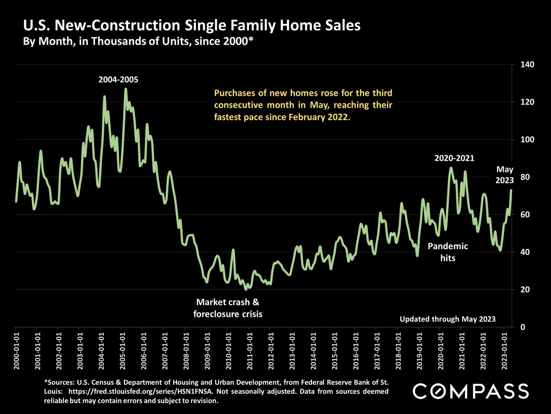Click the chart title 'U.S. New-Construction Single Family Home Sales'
[192, 25]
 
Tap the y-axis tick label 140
[527, 65]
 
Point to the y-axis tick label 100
[527, 140]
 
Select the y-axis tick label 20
[525, 290]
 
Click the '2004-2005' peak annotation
[118, 79]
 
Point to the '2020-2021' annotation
[454, 158]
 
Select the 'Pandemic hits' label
[448, 252]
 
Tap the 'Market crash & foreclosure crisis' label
[228, 308]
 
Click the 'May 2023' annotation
[504, 175]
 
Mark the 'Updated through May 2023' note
[447, 319]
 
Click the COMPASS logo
[471, 391]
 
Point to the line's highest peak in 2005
[126, 89]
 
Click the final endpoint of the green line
[511, 190]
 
